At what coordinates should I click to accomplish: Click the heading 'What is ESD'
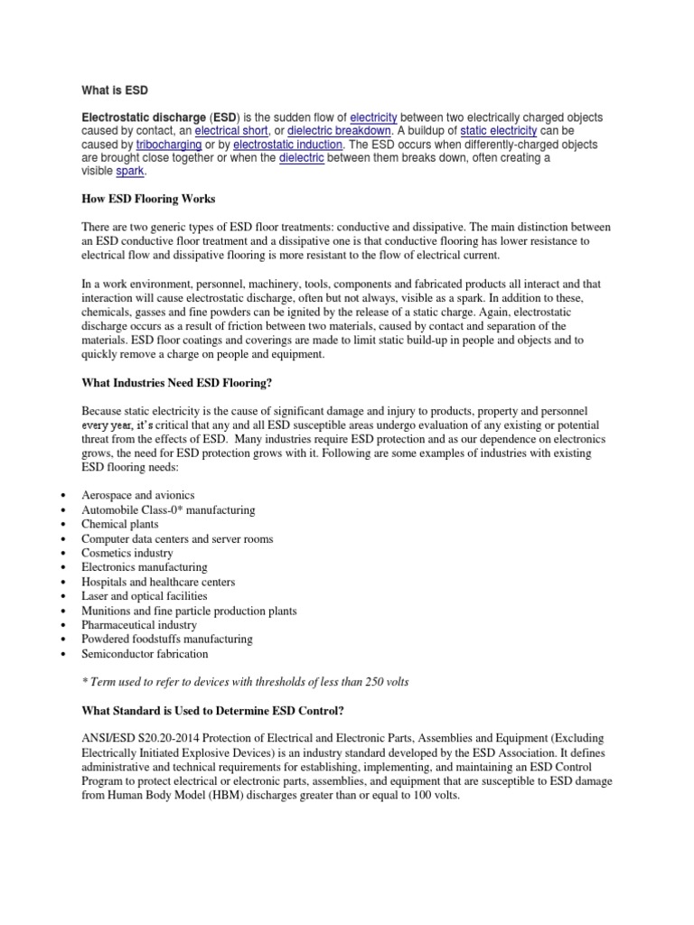pos(115,90)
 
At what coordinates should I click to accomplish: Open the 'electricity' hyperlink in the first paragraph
pos(373,117)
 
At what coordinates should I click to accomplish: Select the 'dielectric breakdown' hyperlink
pos(339,131)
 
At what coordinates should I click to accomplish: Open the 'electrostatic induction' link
pos(287,145)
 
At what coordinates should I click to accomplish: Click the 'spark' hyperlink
pos(130,172)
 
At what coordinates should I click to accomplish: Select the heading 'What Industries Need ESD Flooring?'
pos(177,383)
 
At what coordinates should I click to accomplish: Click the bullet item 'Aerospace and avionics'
pos(138,495)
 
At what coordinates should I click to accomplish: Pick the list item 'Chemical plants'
pos(120,524)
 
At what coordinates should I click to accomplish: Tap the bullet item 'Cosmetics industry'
pos(127,553)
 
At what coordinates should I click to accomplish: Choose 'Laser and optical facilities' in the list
pos(145,596)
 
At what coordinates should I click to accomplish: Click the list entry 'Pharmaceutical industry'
pos(140,625)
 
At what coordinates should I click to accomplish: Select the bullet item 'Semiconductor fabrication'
pos(145,654)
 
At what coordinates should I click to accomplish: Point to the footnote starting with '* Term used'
pos(245,682)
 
